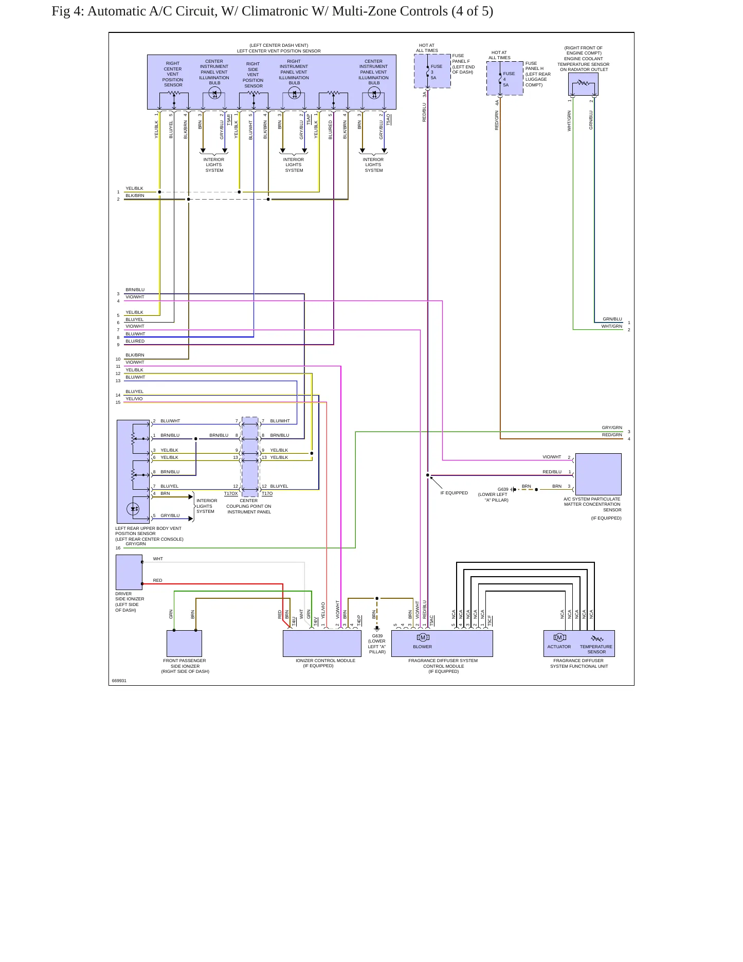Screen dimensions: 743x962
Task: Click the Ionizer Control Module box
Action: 322,644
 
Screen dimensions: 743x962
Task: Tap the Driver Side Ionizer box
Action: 129,572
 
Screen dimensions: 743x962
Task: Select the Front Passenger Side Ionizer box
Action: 184,644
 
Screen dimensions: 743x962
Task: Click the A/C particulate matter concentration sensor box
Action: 599,474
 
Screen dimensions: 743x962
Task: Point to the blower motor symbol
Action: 423,637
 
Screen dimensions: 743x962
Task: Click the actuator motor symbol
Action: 559,637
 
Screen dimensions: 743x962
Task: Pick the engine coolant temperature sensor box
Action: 583,84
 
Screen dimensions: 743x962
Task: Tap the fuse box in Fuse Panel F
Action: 432,72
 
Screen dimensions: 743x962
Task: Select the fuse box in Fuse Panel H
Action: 505,79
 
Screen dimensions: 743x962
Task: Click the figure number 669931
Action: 119,681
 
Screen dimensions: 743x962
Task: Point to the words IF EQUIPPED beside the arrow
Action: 454,493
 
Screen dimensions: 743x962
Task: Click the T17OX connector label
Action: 231,494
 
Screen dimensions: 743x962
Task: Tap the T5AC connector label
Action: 432,620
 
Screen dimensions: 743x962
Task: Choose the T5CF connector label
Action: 490,620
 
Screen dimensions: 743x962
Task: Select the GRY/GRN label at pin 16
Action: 136,544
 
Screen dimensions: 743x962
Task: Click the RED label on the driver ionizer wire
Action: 157,580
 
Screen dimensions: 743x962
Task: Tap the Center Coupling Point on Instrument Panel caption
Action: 249,506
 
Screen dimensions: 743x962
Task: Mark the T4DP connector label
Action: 359,620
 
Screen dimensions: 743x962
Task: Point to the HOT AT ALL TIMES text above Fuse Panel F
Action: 427,48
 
